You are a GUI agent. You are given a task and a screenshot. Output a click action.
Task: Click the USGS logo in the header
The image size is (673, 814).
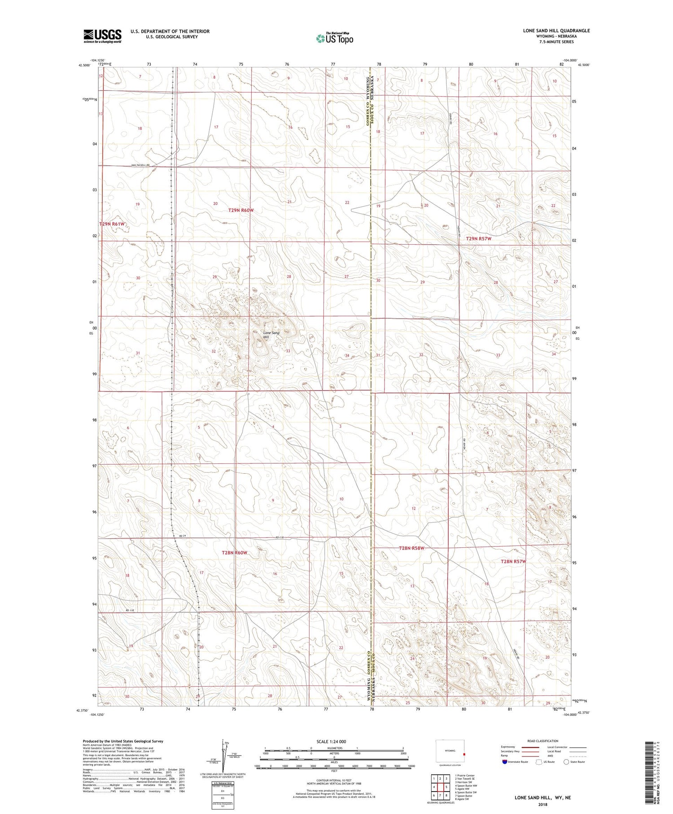coord(102,36)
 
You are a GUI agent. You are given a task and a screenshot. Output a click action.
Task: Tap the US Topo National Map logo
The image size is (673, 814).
coord(334,38)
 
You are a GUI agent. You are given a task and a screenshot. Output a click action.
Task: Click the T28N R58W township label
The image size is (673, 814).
coord(411,548)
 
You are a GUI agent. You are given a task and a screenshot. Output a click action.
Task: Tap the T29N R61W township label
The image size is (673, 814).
coord(112,224)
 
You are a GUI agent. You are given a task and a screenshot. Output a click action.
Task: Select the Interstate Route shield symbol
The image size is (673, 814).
coord(504,762)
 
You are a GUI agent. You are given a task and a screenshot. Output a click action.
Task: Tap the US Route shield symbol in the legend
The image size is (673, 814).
coord(539,762)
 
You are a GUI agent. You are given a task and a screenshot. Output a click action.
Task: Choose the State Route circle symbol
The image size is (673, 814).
coord(566,762)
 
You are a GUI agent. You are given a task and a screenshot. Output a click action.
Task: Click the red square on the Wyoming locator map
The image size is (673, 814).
coord(464,754)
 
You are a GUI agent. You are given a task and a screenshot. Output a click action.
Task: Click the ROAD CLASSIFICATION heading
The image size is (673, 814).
coord(543,741)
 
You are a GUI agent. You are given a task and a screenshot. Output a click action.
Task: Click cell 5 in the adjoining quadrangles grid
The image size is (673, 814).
coord(446,787)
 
